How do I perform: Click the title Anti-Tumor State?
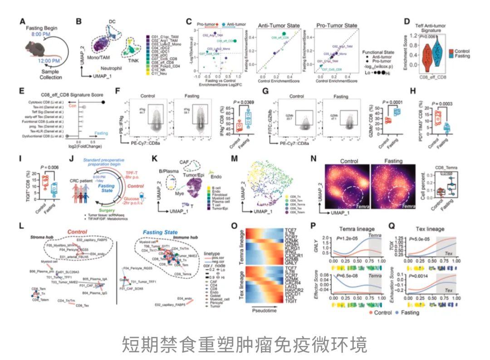275,25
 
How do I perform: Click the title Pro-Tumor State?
335,25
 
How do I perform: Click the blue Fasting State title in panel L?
161,232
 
